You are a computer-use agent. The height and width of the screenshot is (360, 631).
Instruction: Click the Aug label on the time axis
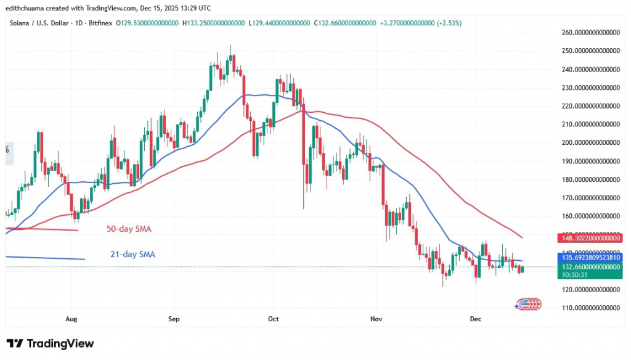pos(71,319)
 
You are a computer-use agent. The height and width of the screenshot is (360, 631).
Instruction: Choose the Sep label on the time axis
pos(174,319)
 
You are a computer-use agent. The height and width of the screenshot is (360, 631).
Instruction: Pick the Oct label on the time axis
pos(274,319)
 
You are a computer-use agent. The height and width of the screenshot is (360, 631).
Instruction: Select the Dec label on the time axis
pos(476,319)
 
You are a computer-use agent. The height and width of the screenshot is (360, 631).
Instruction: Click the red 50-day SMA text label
pos(129,229)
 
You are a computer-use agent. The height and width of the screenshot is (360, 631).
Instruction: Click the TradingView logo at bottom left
pos(50,343)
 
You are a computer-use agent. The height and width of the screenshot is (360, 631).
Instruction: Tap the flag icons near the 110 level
pos(527,304)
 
